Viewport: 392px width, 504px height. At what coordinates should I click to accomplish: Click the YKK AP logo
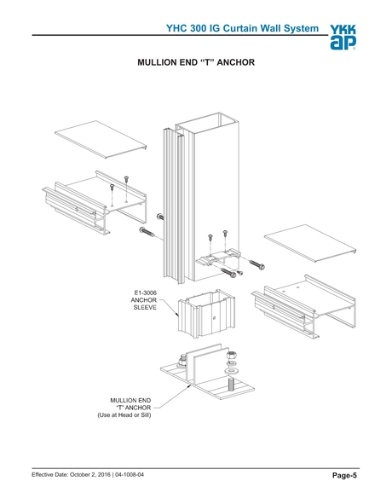click(343, 38)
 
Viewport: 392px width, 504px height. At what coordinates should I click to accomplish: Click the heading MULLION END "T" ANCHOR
click(196, 62)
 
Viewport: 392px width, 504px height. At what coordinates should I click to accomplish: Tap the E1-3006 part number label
click(145, 293)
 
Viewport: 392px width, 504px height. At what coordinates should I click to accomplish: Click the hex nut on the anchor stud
click(231, 356)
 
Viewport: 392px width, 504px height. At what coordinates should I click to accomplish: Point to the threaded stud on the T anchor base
click(231, 385)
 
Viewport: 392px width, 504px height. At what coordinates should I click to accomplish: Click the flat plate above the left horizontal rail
click(101, 139)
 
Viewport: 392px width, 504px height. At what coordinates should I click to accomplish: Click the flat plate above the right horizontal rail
click(311, 243)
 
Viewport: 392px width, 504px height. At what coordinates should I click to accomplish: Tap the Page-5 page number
click(344, 475)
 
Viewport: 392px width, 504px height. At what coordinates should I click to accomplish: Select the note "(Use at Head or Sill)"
click(124, 415)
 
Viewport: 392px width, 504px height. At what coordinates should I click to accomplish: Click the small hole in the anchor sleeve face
click(214, 318)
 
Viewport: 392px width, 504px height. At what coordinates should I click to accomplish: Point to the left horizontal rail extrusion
click(95, 202)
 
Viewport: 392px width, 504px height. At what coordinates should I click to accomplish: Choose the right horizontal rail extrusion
click(303, 306)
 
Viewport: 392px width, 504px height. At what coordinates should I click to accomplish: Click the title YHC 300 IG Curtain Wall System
click(242, 28)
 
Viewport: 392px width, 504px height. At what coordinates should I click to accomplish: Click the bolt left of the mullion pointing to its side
click(147, 232)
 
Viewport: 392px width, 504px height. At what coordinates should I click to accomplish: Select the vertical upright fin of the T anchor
click(205, 362)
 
